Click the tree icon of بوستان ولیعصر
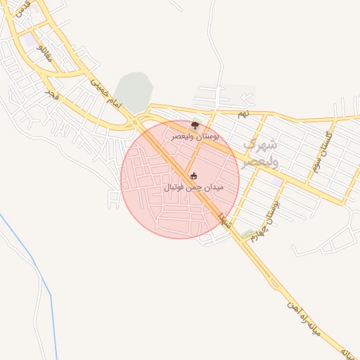point(195,124)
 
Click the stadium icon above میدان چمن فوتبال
point(194,176)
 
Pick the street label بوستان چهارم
point(271,209)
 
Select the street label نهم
point(243,112)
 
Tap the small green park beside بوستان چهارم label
point(247,233)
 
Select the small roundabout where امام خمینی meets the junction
point(134,124)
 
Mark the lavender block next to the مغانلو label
point(28,43)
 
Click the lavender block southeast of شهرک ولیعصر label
point(277,181)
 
